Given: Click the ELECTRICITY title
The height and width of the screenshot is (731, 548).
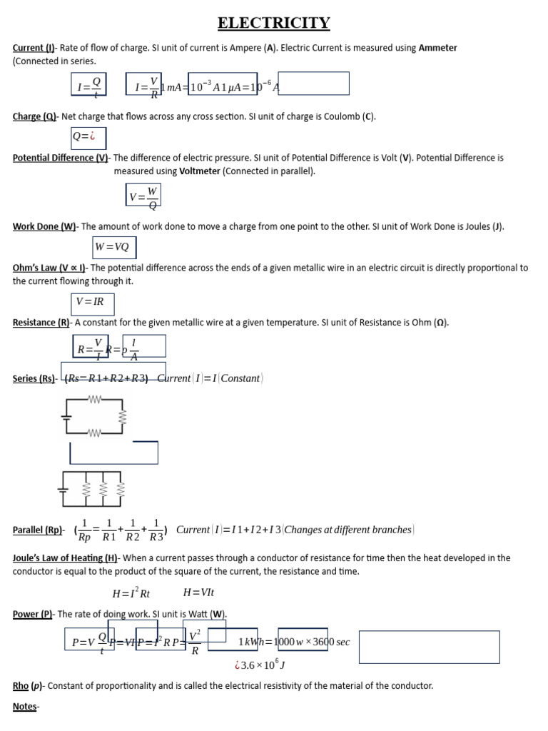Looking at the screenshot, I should [274, 23].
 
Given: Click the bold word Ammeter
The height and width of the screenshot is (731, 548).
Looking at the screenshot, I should [437, 48].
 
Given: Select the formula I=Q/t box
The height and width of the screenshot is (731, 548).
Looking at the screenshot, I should [89, 87].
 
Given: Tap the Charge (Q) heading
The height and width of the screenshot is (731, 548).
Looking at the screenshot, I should [36, 116].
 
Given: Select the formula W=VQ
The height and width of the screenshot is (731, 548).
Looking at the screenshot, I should [113, 247].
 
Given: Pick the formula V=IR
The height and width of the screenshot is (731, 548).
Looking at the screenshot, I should [91, 302].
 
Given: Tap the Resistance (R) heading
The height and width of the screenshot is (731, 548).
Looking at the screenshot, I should [41, 323].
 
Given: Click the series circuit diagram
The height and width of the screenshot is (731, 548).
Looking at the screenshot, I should [96, 416].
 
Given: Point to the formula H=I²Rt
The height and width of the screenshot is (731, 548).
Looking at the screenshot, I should [131, 593].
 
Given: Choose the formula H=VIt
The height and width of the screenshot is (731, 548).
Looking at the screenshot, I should [198, 593].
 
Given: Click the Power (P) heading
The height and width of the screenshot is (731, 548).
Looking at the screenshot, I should [33, 614].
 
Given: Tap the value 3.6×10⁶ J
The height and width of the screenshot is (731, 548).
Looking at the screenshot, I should [261, 665].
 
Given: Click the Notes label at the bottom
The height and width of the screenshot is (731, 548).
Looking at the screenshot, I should [26, 706].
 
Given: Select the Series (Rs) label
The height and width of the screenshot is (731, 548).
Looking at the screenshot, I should [34, 379].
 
